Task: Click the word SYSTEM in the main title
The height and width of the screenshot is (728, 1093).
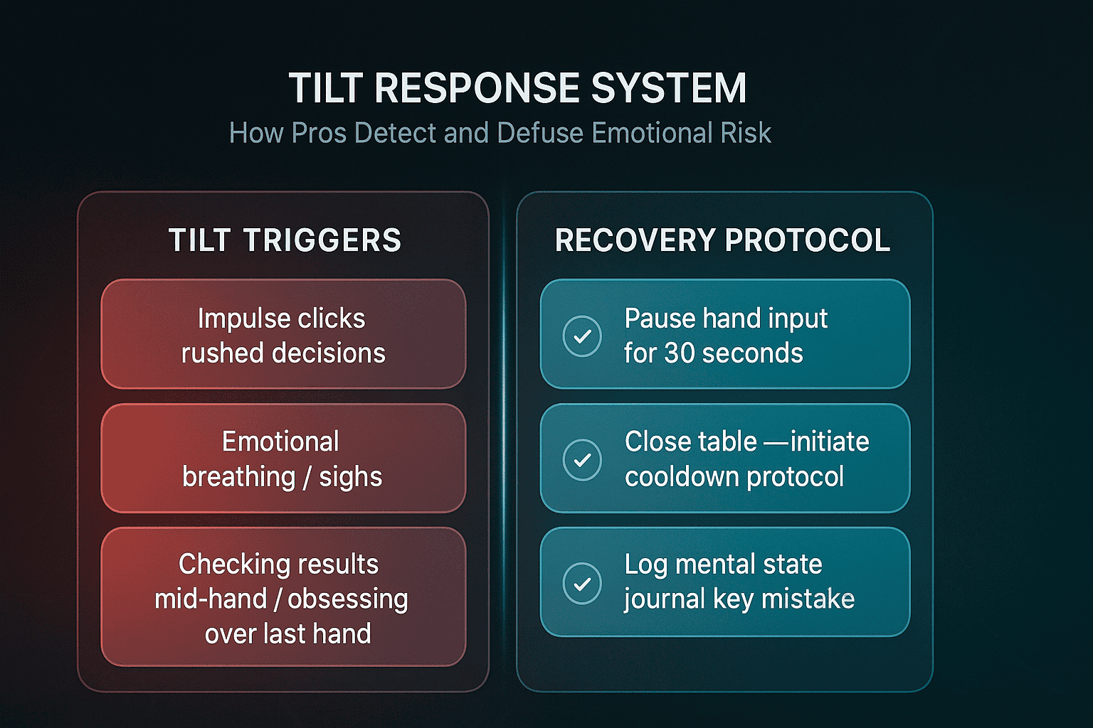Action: point(668,88)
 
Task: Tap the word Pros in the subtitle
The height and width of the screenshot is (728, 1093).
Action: point(319,133)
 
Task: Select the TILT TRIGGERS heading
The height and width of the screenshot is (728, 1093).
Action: point(285,240)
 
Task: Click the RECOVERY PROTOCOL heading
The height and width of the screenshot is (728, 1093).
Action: point(723,240)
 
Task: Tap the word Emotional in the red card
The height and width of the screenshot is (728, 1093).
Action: point(280,441)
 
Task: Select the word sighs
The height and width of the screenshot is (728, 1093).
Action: point(350,477)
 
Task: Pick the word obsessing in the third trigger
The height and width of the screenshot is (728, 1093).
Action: point(348,600)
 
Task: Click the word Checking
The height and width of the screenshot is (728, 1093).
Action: point(227,565)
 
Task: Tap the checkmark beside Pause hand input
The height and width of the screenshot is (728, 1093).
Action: point(582,336)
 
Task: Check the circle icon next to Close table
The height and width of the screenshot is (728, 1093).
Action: point(582,459)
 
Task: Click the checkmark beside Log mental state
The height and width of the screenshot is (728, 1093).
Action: point(582,583)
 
